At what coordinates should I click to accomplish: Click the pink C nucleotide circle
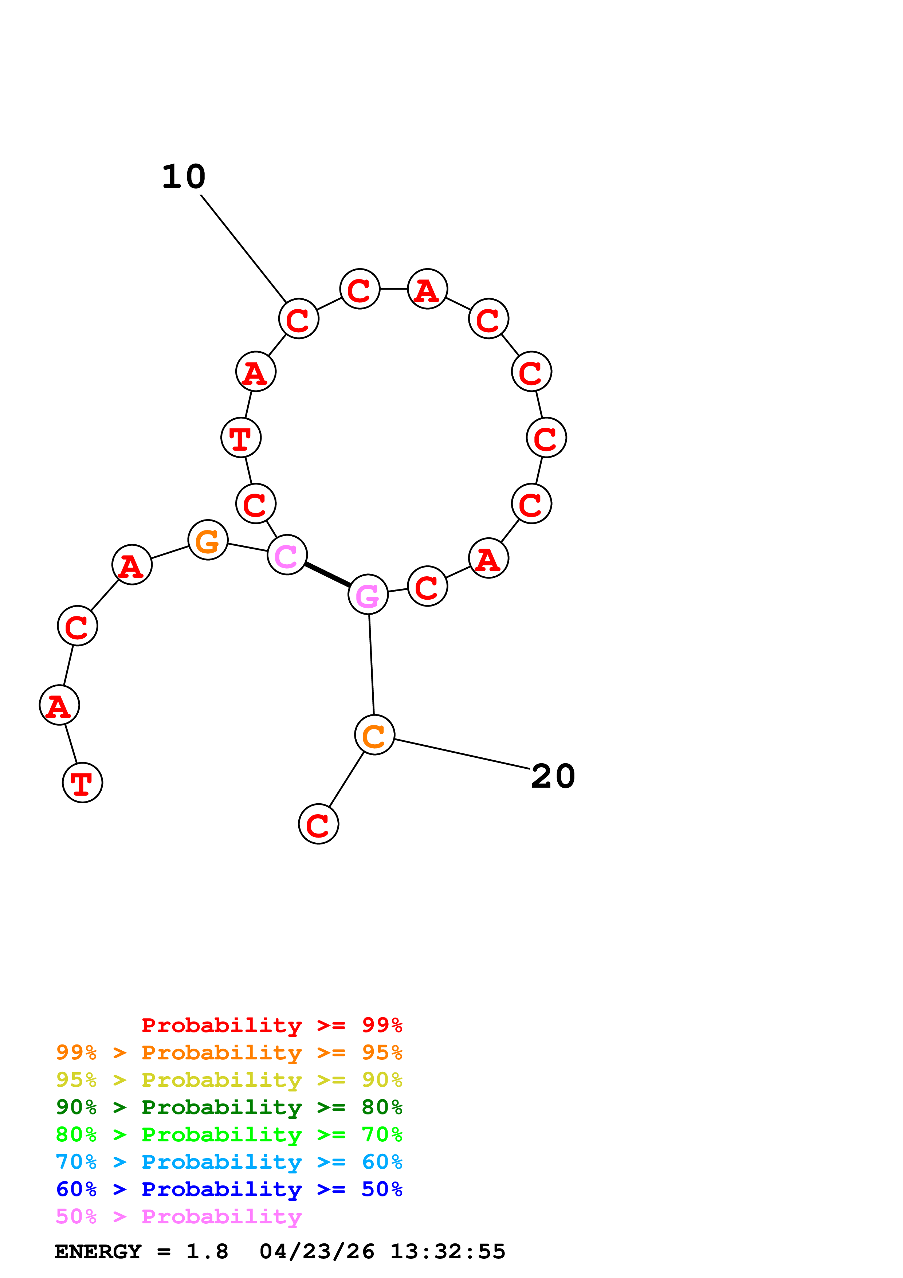287,554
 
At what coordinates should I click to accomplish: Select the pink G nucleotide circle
368,595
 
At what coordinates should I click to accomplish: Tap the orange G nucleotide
208,540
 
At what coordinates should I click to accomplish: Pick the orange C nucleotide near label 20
374,735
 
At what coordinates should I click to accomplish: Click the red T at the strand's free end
82,783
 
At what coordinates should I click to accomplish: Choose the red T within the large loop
241,438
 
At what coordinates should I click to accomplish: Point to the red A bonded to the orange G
132,565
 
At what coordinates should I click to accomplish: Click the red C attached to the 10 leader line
299,318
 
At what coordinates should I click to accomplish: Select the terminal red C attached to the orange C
318,824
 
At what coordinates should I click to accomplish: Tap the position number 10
184,177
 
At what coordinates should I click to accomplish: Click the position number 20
553,776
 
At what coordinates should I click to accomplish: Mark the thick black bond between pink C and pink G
327,575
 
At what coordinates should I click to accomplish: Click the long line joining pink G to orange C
371,665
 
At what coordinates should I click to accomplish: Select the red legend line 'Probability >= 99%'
271,1025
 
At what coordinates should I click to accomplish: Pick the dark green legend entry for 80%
229,1107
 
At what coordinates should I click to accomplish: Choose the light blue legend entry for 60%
229,1162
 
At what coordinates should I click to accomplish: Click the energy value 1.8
207,1252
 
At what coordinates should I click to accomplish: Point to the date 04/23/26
317,1252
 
